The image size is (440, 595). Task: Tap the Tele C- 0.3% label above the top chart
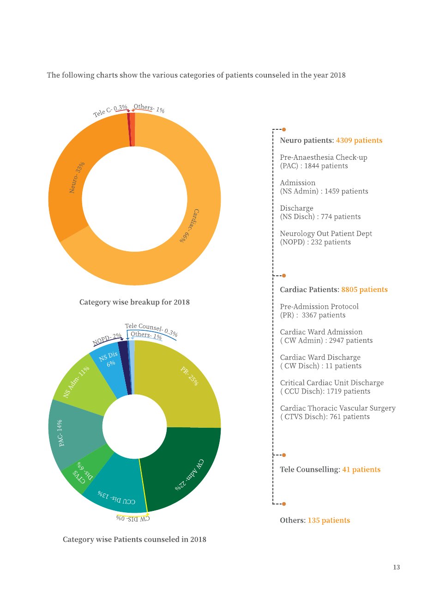click(x=110, y=111)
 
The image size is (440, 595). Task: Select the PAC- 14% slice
click(x=72, y=435)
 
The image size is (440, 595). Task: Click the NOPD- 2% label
click(x=107, y=340)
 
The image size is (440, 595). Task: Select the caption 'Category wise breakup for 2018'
click(x=134, y=302)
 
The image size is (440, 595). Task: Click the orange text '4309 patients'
click(x=359, y=140)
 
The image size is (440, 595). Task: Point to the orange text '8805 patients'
click(x=364, y=290)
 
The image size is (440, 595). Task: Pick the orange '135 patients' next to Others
click(x=329, y=520)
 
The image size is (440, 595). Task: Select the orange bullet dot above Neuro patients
click(x=284, y=129)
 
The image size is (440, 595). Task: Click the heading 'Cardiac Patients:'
click(x=310, y=290)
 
